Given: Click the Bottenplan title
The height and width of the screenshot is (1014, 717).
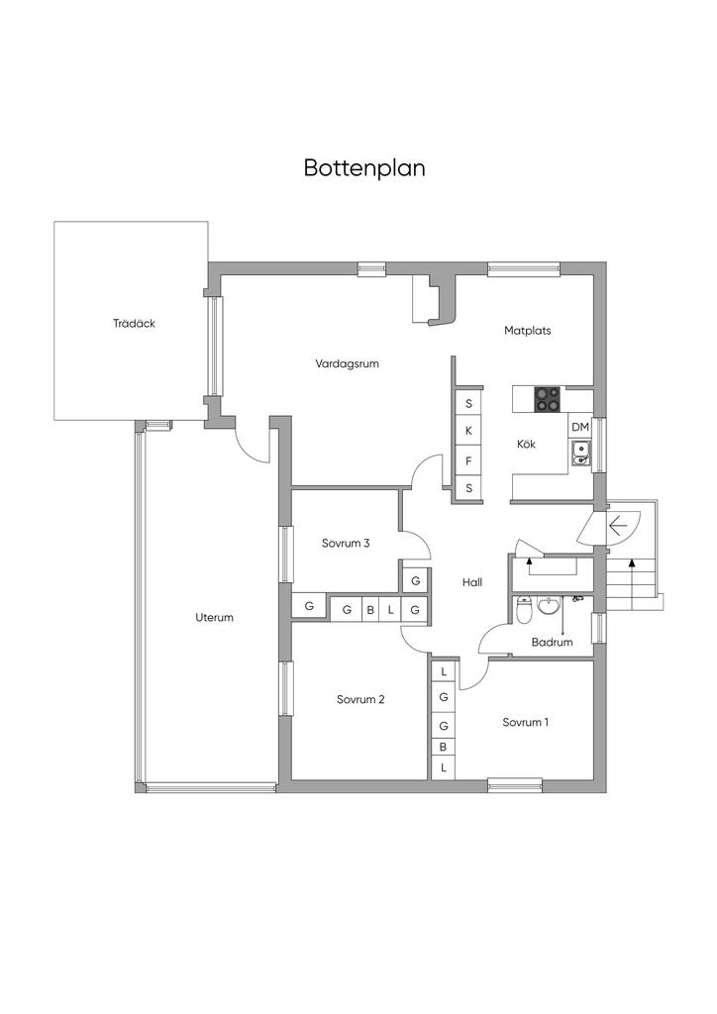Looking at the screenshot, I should (x=364, y=167).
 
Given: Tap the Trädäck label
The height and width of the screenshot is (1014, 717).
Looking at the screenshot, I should (x=134, y=323).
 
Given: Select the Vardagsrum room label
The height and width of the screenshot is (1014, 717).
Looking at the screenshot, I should (x=348, y=363).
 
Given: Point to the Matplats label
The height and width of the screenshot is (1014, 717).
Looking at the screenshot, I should (x=527, y=331).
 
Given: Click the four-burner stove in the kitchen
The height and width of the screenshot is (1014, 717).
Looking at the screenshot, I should (x=548, y=399).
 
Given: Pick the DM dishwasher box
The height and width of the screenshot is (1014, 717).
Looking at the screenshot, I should (x=580, y=427).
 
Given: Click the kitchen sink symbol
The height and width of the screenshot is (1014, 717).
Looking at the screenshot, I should (x=581, y=454).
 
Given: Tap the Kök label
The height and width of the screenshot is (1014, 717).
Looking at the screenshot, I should (x=526, y=445).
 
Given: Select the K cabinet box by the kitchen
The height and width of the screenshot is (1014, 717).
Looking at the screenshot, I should (x=468, y=432).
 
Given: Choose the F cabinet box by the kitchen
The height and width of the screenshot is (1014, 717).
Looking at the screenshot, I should (x=468, y=460).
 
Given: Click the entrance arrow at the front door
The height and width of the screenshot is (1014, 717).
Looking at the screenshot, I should (x=621, y=525).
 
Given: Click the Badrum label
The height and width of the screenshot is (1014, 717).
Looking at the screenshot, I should (x=552, y=642).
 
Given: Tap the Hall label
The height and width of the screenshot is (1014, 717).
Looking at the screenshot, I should (x=472, y=582).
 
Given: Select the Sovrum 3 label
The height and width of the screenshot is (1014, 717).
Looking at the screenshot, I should (x=346, y=543).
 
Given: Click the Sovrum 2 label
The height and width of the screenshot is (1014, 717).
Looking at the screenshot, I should (x=360, y=699).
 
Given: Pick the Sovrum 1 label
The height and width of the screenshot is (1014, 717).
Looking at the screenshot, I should (x=525, y=722).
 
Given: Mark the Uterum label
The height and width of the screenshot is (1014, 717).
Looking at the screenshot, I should (x=214, y=617).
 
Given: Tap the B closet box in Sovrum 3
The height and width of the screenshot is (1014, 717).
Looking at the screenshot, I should (x=370, y=610).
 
